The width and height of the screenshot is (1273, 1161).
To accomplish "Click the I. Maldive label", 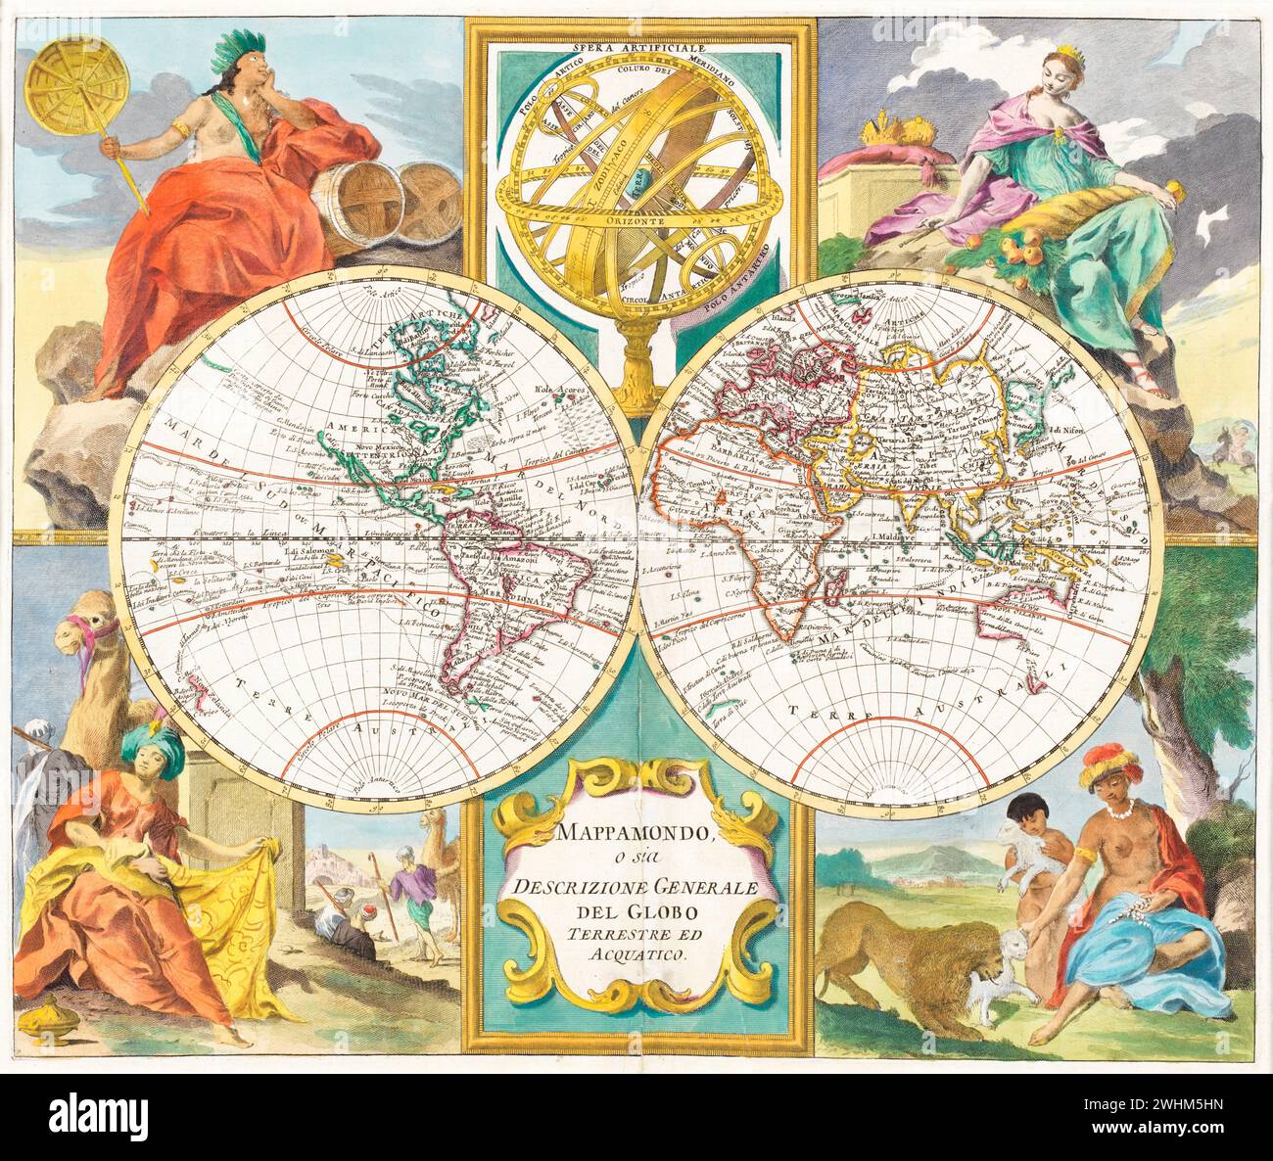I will point(894,537).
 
